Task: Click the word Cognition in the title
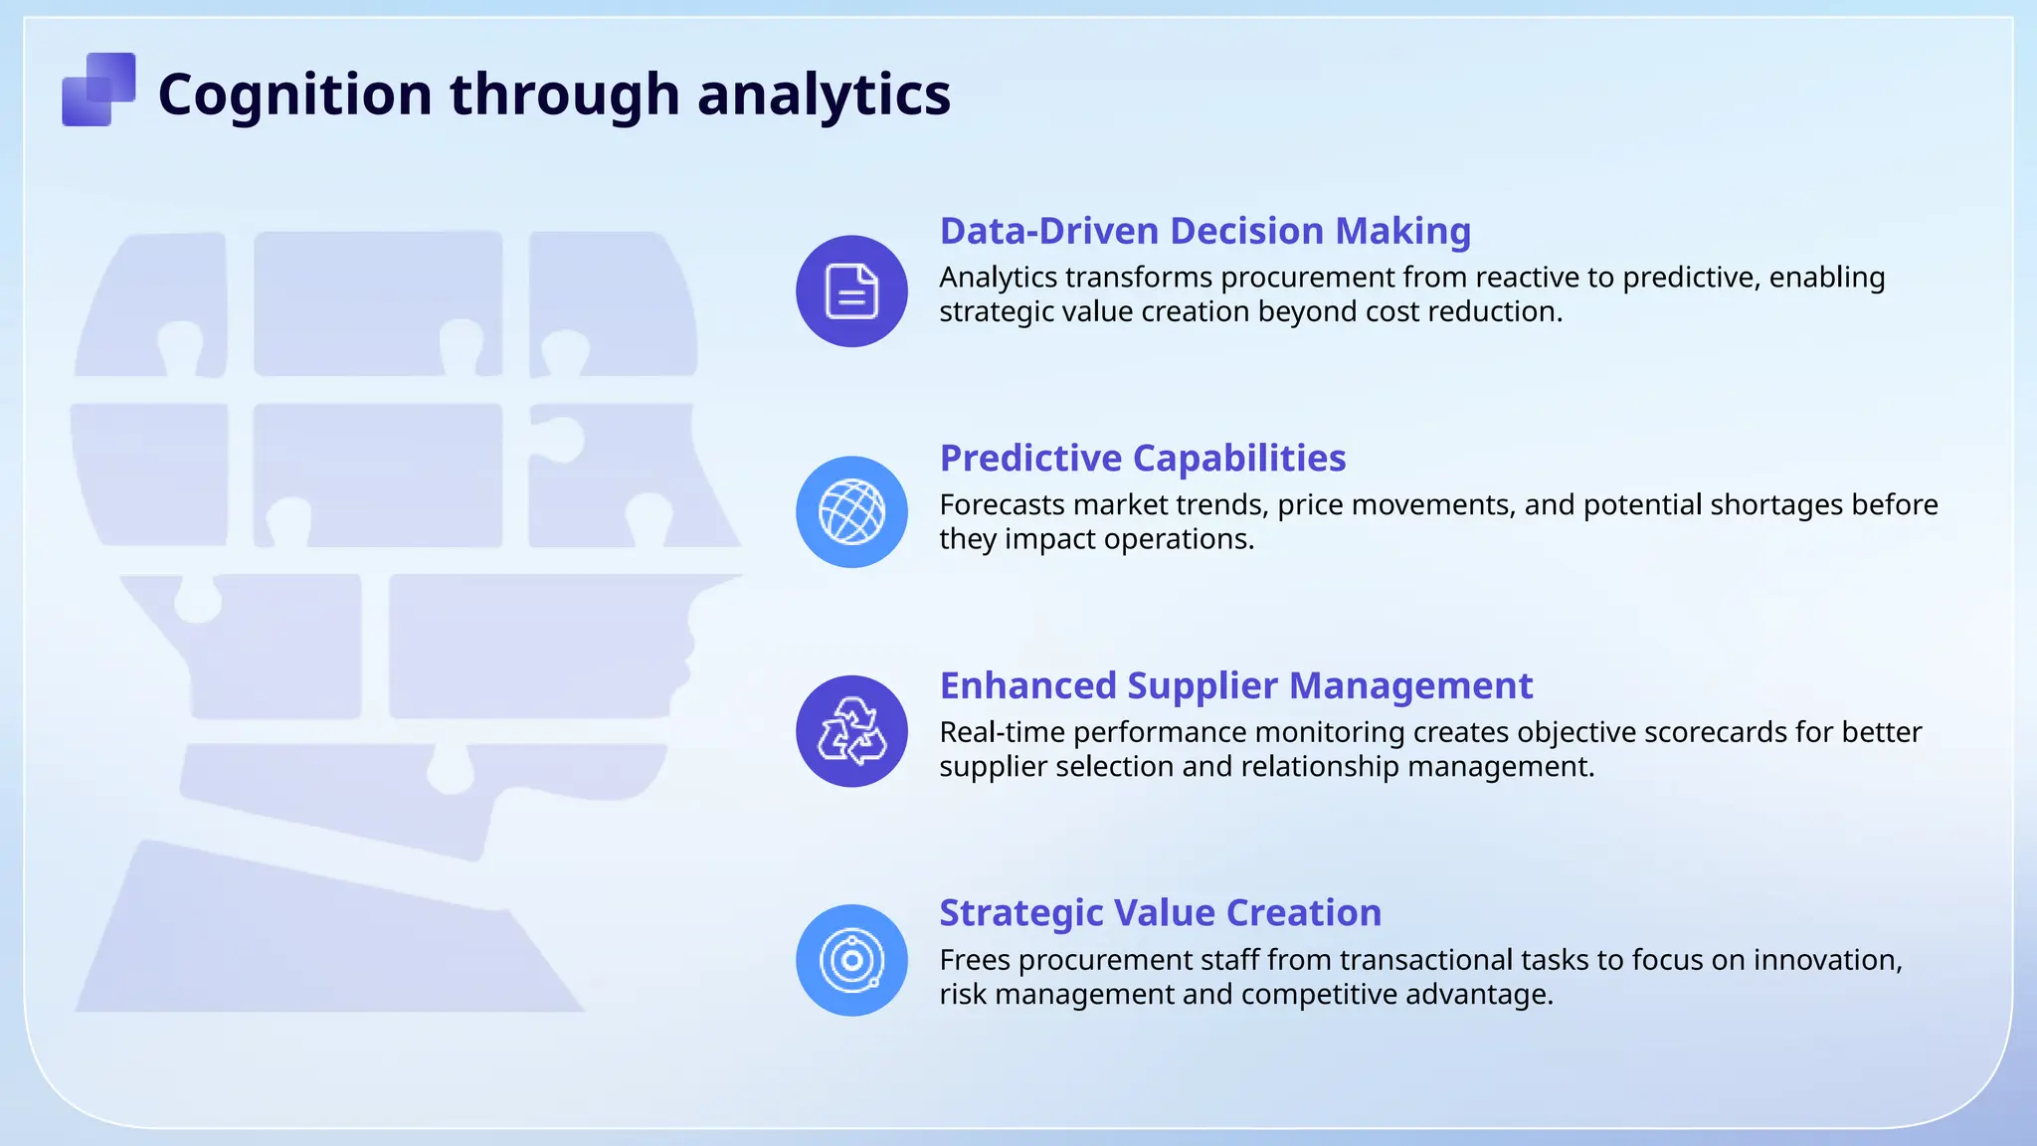(x=294, y=95)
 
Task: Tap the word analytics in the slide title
(x=824, y=95)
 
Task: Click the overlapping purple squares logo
(x=98, y=90)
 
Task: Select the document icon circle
(x=851, y=291)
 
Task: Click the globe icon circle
(x=851, y=512)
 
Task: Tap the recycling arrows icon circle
(x=851, y=731)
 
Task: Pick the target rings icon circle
(x=851, y=960)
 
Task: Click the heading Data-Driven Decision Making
(x=1204, y=231)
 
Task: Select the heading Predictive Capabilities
(x=1142, y=459)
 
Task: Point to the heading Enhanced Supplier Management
(x=1235, y=686)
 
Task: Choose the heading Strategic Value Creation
(x=1160, y=913)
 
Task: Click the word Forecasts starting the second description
(x=1002, y=505)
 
